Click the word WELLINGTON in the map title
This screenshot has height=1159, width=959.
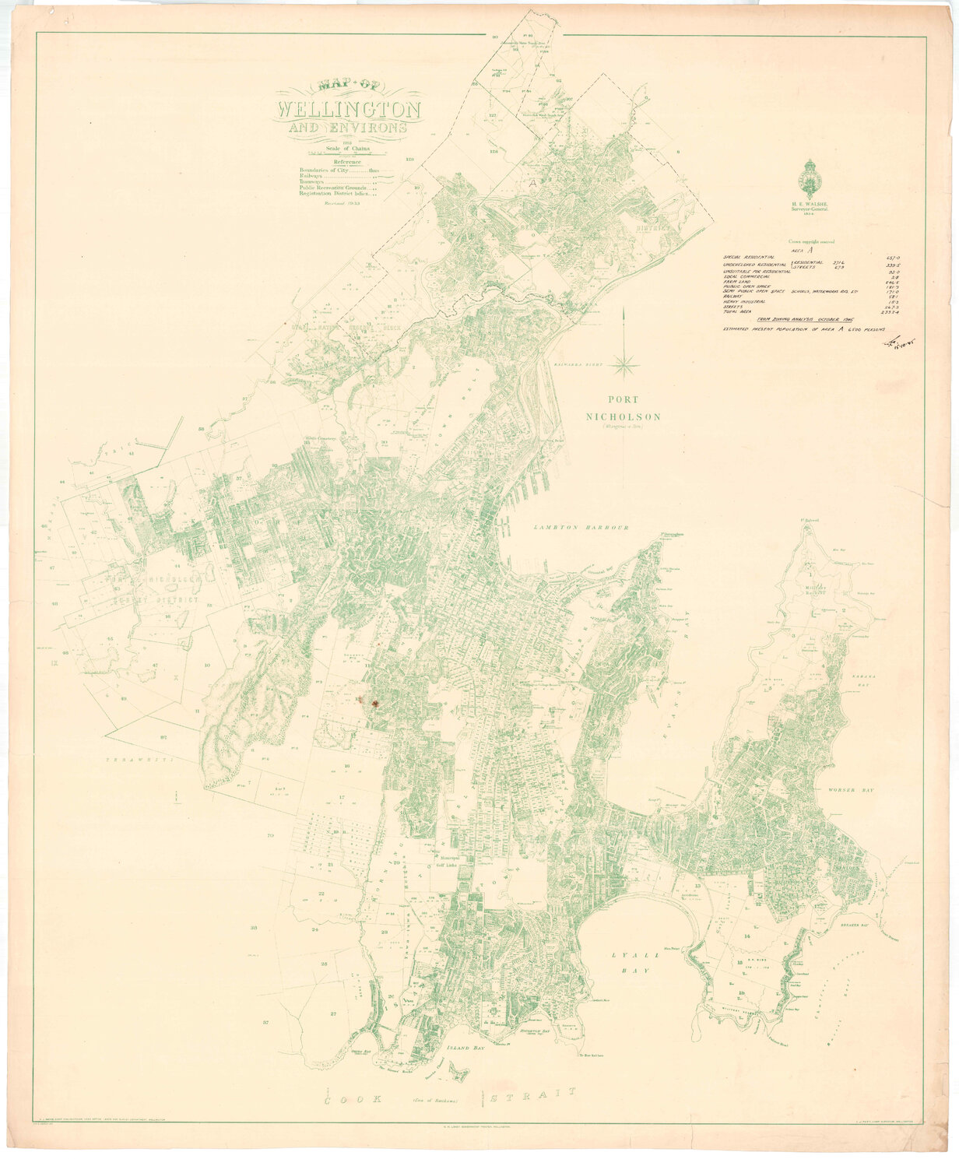(348, 107)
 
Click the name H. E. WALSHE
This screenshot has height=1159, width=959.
(809, 203)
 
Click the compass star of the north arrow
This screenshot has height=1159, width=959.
(625, 360)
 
